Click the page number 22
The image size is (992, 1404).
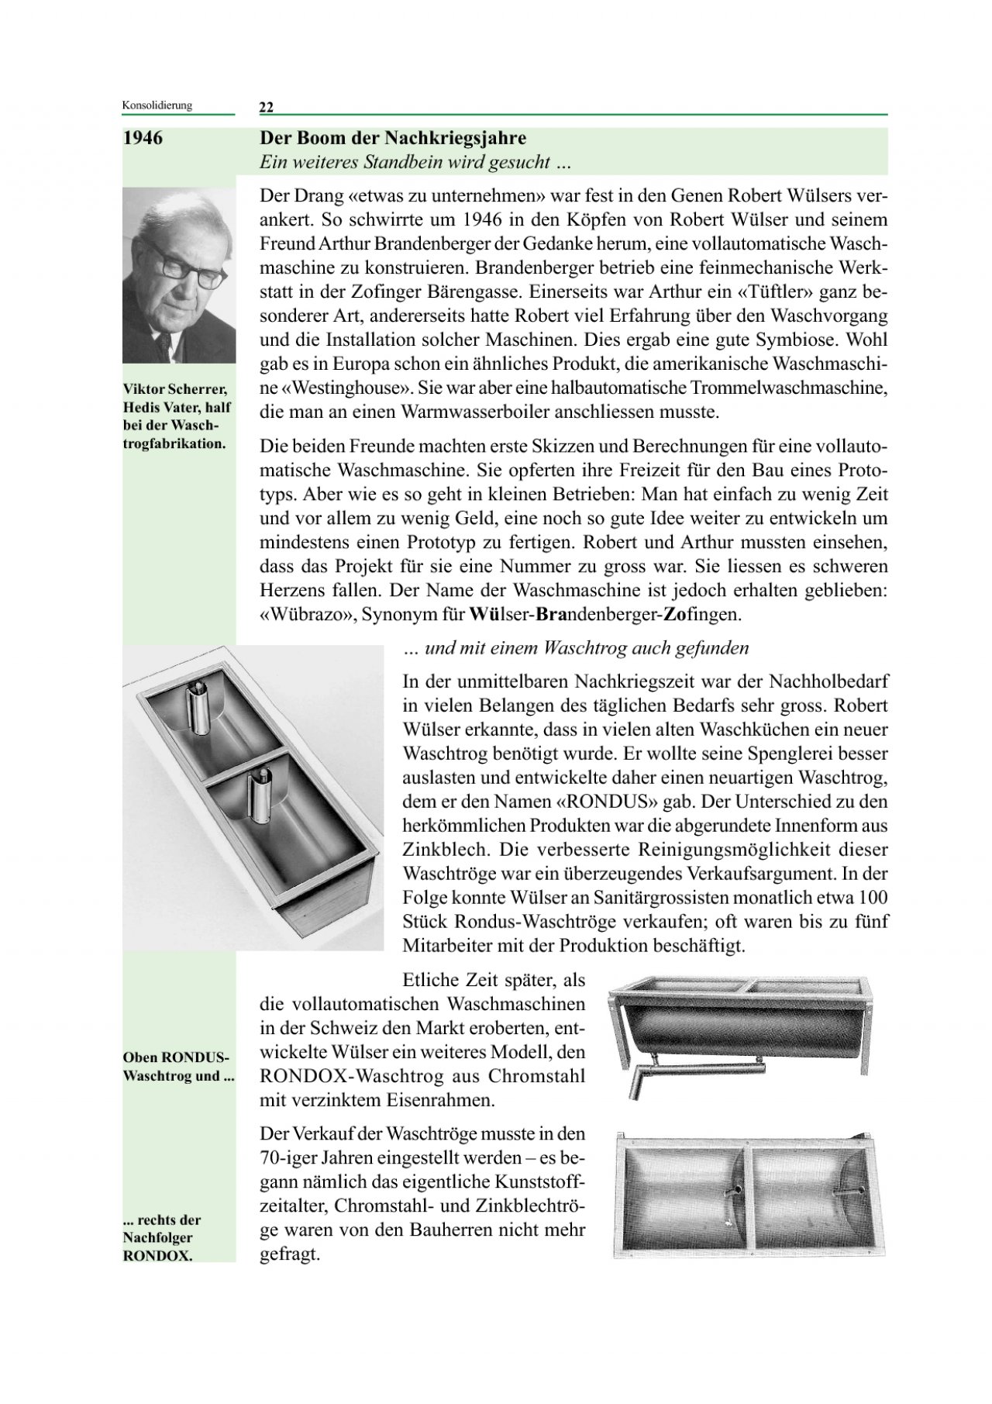click(267, 107)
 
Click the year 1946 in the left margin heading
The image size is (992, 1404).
click(143, 139)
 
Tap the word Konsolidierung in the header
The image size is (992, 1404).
click(157, 105)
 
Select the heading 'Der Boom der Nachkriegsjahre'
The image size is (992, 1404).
click(393, 139)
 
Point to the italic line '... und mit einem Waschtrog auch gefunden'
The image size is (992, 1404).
click(576, 647)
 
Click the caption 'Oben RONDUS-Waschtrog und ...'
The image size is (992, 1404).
click(178, 1066)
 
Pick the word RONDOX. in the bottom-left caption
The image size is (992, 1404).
click(157, 1257)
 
